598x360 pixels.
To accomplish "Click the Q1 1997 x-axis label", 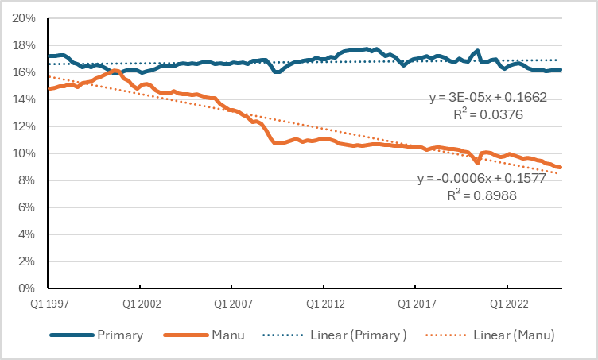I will click(x=49, y=303).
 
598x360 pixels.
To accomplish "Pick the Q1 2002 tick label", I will click(x=140, y=303).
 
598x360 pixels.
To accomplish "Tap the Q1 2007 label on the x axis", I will click(x=231, y=303).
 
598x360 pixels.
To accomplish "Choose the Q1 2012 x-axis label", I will click(x=322, y=303).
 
